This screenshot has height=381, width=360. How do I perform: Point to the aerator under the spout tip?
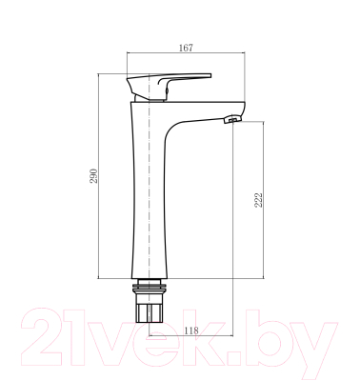click(x=230, y=121)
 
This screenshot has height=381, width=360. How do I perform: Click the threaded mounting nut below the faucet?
click(x=150, y=310)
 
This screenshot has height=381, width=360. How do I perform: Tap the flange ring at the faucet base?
click(x=150, y=284)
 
